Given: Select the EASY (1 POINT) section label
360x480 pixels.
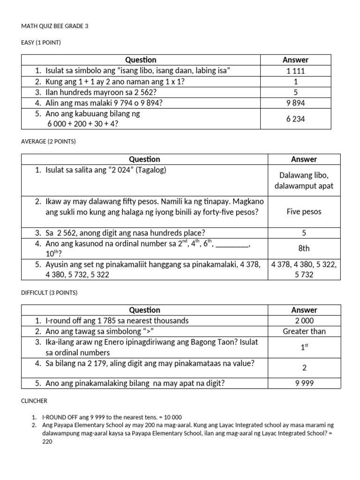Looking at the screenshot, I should [x=41, y=43].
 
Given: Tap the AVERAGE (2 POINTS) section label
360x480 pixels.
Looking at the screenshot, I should [x=47, y=141].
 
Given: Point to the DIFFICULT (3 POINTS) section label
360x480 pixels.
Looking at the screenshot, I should [x=49, y=292].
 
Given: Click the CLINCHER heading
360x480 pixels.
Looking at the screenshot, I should [x=34, y=401].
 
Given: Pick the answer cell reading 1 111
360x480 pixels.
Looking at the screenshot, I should [x=295, y=71].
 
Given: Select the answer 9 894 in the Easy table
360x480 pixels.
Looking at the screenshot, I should [x=295, y=103].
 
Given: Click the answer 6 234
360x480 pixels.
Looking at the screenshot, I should [x=295, y=119].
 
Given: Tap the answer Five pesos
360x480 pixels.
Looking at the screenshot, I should [x=304, y=211].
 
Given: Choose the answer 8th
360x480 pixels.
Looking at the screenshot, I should [x=304, y=248].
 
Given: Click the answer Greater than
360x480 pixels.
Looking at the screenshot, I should [x=304, y=331].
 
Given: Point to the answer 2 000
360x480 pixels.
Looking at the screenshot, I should [x=304, y=321].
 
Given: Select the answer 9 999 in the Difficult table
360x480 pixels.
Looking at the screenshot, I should [x=304, y=383].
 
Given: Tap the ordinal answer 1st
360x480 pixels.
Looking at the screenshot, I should [x=304, y=347].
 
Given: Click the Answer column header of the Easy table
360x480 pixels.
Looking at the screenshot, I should [x=295, y=60].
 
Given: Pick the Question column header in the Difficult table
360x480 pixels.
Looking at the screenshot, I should [x=144, y=310].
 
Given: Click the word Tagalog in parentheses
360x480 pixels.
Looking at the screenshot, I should [x=151, y=170].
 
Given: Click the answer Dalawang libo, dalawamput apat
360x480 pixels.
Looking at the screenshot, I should [x=304, y=180].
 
